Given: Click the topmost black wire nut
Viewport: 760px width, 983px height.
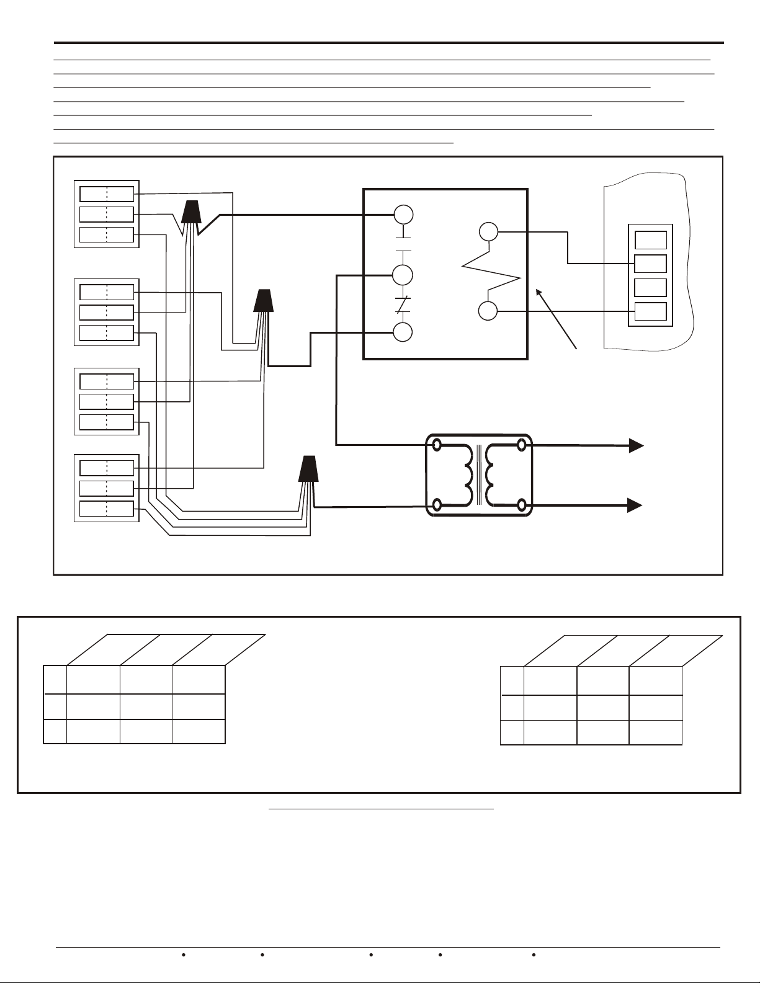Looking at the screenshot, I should pyautogui.click(x=190, y=213).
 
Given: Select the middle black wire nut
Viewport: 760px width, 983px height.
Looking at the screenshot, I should pyautogui.click(x=264, y=301).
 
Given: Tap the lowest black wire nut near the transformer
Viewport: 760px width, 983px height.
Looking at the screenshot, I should pyautogui.click(x=309, y=469).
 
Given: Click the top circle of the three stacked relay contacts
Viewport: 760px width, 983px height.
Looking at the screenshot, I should pyautogui.click(x=404, y=215).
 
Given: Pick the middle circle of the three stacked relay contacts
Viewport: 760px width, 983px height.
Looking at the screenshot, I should pyautogui.click(x=404, y=274).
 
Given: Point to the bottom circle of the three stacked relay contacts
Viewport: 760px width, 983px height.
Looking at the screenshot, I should pyautogui.click(x=404, y=332).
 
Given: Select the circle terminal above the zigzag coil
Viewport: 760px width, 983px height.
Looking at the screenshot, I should pyautogui.click(x=488, y=233).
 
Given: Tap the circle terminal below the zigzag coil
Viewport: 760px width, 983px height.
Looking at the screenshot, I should pyautogui.click(x=488, y=311).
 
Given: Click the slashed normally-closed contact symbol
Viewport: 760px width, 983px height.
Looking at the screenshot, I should pyautogui.click(x=404, y=304).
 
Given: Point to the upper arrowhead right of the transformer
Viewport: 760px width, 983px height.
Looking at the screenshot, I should pyautogui.click(x=635, y=445).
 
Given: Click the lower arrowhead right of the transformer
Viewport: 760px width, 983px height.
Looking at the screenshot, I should pyautogui.click(x=635, y=505).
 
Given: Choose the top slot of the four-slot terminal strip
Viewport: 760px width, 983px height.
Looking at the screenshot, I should pyautogui.click(x=651, y=239).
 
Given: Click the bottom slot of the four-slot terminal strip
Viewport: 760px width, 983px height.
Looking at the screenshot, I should pyautogui.click(x=651, y=311).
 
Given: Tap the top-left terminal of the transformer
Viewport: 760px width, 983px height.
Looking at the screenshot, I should pyautogui.click(x=437, y=445).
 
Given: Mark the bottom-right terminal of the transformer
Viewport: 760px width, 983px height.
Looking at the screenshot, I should pyautogui.click(x=522, y=505).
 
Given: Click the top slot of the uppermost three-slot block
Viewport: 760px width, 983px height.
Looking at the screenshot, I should pyautogui.click(x=107, y=194).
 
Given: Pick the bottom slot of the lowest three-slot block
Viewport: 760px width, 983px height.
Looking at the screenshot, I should pyautogui.click(x=107, y=509).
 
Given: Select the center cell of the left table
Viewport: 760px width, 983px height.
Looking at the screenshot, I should pyautogui.click(x=146, y=706).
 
